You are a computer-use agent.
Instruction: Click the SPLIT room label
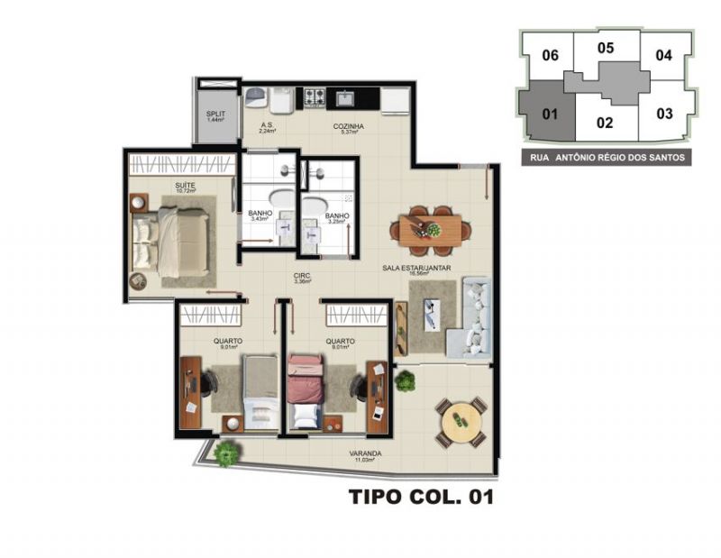(x=215, y=115)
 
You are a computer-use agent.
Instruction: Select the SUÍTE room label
(x=186, y=187)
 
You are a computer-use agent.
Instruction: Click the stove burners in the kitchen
(x=315, y=95)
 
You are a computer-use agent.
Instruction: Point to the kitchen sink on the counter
(x=345, y=95)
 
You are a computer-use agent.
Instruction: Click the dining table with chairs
(x=429, y=225)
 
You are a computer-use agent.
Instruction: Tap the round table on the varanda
(x=460, y=419)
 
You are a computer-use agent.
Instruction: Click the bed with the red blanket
(x=306, y=388)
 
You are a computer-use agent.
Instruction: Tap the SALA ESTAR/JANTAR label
(x=416, y=268)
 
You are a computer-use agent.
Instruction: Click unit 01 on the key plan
(x=548, y=114)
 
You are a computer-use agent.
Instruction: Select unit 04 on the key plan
(x=664, y=55)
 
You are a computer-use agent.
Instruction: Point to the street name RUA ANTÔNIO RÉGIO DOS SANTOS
(x=606, y=158)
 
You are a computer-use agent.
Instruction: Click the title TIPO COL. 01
(x=421, y=496)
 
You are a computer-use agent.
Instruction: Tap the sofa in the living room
(x=475, y=318)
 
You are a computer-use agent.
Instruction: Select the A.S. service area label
(x=267, y=127)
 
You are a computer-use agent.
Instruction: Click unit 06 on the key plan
(x=551, y=56)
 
